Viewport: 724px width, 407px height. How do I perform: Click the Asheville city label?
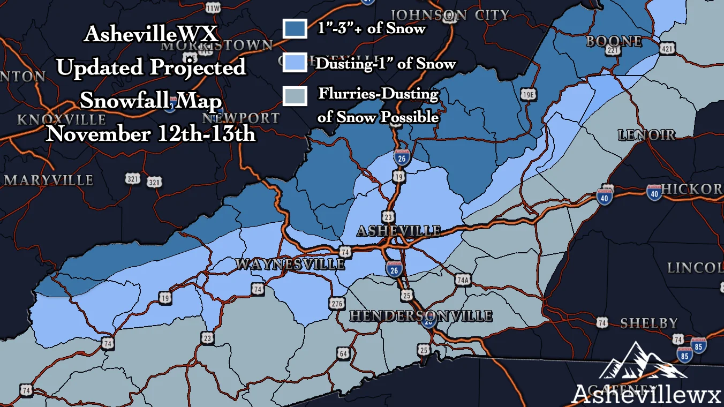pyautogui.click(x=398, y=231)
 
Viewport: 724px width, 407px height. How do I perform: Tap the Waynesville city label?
pyautogui.click(x=290, y=264)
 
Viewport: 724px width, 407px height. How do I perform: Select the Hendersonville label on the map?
pyautogui.click(x=421, y=316)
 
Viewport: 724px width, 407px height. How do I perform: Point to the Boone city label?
pyautogui.click(x=614, y=41)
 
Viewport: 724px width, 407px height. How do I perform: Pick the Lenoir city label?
pyautogui.click(x=647, y=134)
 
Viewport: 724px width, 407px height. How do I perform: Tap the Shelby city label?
pyautogui.click(x=649, y=323)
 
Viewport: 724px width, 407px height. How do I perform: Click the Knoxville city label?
pyautogui.click(x=61, y=119)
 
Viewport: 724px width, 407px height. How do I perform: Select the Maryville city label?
pyautogui.click(x=49, y=180)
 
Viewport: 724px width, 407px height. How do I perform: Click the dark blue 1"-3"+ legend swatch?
pyautogui.click(x=295, y=29)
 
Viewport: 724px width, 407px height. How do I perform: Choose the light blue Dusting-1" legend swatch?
pyautogui.click(x=295, y=63)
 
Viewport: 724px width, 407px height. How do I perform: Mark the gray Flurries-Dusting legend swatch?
pyautogui.click(x=295, y=96)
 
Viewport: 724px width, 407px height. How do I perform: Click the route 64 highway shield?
pyautogui.click(x=343, y=353)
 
